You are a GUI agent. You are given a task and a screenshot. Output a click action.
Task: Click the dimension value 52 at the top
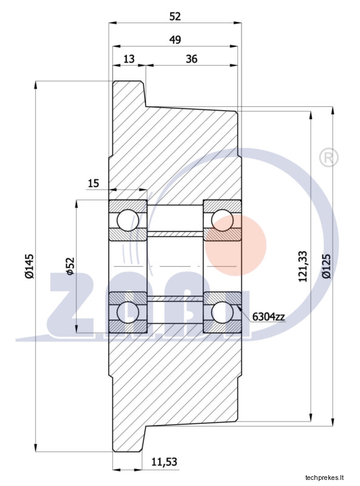point(175,16)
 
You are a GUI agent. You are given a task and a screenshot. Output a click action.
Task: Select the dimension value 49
point(175,39)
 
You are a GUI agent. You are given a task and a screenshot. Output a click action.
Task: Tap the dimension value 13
point(129,58)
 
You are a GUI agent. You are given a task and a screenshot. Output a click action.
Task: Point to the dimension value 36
point(191,58)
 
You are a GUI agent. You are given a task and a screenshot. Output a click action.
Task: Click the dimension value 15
point(93,183)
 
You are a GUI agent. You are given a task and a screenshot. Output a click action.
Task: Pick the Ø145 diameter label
point(29,266)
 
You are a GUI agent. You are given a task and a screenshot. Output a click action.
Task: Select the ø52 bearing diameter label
point(70,266)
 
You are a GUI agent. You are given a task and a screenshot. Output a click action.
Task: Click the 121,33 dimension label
point(303,266)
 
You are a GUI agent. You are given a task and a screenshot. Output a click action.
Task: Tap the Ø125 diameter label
point(326,266)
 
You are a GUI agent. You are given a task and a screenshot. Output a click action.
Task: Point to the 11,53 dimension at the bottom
point(164,462)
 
